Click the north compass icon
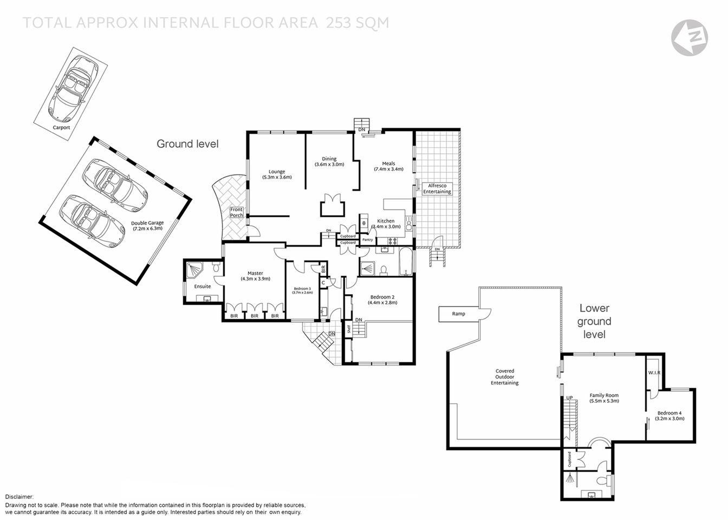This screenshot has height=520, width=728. (689, 37)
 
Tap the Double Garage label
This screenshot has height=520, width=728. (147, 226)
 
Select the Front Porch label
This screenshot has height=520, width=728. (237, 212)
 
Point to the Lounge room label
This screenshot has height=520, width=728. (277, 174)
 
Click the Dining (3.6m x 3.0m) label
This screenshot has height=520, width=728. (329, 162)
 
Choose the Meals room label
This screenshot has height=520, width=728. (388, 166)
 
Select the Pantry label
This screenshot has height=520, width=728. (368, 239)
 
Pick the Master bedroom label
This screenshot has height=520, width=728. (255, 276)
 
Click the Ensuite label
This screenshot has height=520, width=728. (203, 286)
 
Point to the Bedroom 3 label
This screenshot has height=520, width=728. (302, 290)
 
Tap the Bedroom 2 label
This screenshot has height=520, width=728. (382, 300)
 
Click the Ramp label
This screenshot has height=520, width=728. (458, 314)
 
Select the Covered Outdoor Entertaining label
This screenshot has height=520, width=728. (504, 377)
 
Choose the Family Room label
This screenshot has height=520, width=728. (604, 398)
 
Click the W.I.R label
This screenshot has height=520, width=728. (654, 373)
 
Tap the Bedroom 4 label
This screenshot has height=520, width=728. (668, 415)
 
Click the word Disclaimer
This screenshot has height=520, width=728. (19, 497)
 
